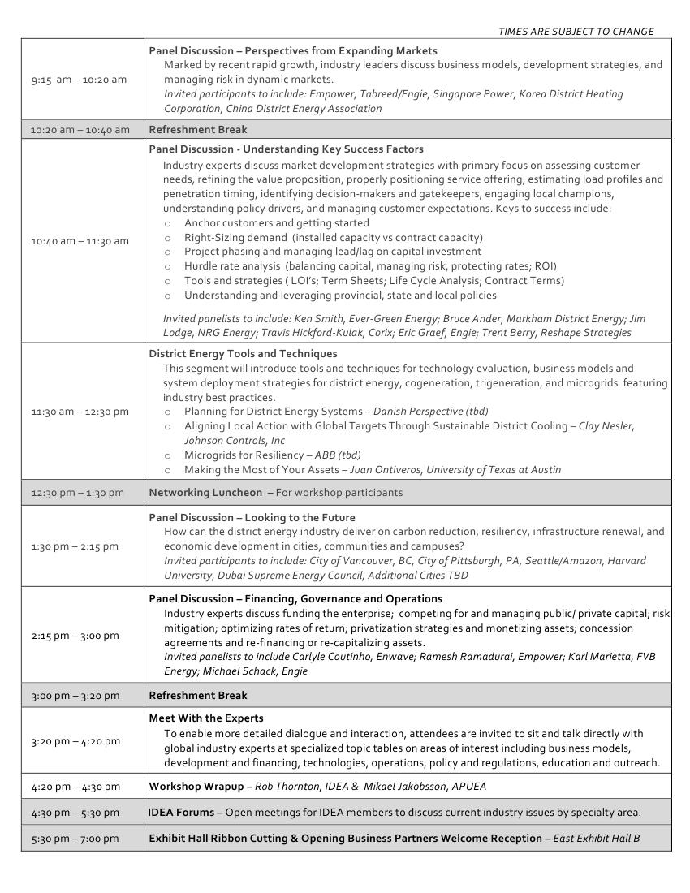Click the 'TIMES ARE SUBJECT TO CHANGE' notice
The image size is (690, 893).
576,32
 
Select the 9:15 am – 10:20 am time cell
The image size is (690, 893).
79,80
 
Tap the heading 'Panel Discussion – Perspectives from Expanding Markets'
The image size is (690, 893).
293,50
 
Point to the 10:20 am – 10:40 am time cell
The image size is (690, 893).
80,129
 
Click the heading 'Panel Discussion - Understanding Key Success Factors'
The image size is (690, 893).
286,149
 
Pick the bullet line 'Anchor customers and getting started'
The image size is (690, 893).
276,222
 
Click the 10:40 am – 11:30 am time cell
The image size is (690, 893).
80,241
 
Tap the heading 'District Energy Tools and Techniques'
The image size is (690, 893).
243,354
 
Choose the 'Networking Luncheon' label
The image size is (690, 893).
205,492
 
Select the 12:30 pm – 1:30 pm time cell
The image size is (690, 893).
78,493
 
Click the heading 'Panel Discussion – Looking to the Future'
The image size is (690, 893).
252,517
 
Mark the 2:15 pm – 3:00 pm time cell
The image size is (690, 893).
75,636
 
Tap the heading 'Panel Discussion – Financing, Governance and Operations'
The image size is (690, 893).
295,598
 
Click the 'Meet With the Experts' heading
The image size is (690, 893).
206,718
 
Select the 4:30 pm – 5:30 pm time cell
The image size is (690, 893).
75,812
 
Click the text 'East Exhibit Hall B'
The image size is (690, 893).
597,838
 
